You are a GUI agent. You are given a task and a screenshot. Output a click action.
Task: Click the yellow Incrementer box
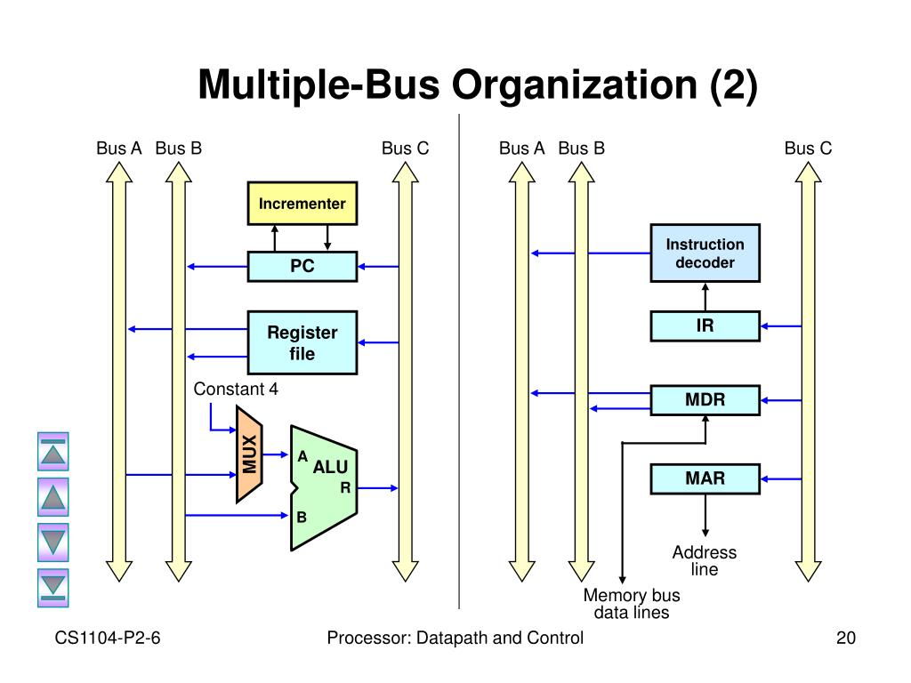302,204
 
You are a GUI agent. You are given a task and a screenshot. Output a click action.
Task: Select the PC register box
302,267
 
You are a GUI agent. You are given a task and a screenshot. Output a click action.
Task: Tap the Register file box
302,342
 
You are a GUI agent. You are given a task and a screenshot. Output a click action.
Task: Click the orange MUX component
249,454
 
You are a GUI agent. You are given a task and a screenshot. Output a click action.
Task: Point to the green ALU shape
324,488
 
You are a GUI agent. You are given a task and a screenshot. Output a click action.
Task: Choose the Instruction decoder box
705,253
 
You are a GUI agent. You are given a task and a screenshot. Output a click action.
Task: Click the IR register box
705,325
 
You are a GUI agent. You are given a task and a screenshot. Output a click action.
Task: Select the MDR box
705,400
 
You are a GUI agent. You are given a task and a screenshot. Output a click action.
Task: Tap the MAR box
705,479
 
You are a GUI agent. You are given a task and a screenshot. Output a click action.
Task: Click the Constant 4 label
236,390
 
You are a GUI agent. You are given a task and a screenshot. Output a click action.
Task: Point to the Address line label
705,560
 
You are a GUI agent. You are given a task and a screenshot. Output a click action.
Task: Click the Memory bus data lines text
632,604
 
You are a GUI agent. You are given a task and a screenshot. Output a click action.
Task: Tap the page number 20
846,638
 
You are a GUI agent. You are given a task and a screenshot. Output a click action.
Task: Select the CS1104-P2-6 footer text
108,638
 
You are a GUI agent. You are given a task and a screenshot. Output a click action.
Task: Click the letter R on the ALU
345,488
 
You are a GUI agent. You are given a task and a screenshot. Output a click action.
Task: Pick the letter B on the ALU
302,517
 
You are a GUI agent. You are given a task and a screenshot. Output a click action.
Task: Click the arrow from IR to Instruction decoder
705,297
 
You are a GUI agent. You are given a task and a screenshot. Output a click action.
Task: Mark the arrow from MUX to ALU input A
276,454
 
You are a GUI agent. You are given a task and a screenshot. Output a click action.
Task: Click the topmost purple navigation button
52,451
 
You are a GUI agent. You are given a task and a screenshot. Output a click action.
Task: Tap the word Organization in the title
575,84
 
